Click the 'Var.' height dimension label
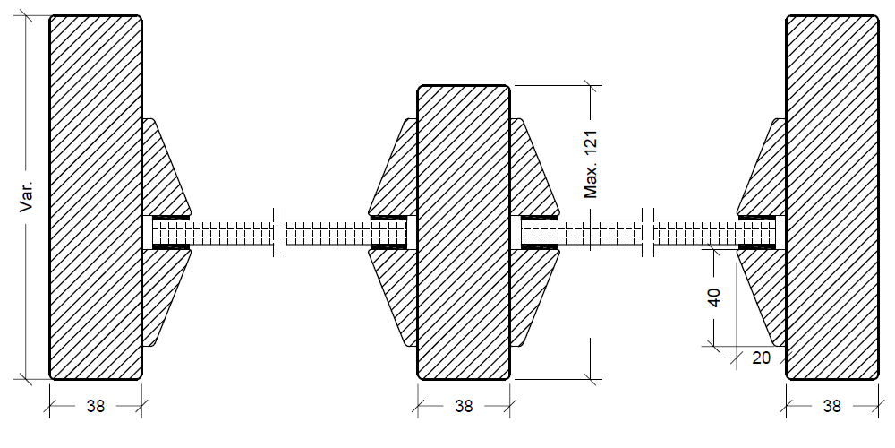pos(27,196)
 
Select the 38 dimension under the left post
pos(95,406)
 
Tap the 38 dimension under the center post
pos(463,406)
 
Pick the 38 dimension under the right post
pos(831,406)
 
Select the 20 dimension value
pos(760,358)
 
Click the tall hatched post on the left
pos(95,197)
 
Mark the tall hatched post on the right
pos(831,197)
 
